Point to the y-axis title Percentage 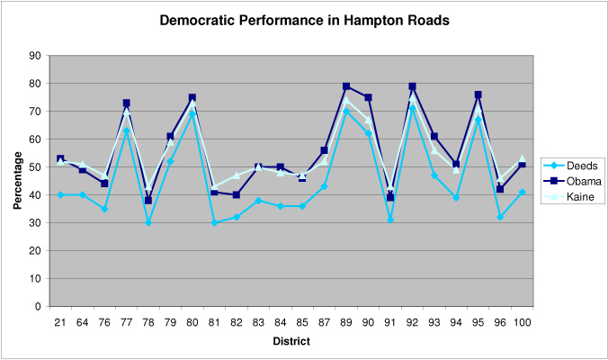17,182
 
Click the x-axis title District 291,341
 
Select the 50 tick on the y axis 35,167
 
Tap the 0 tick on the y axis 38,307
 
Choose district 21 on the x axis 60,320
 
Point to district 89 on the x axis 346,320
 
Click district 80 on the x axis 192,320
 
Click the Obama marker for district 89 346,86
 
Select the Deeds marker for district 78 148,222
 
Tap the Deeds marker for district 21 60,194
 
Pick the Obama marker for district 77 126,103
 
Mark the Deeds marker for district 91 390,220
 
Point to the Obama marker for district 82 236,194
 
